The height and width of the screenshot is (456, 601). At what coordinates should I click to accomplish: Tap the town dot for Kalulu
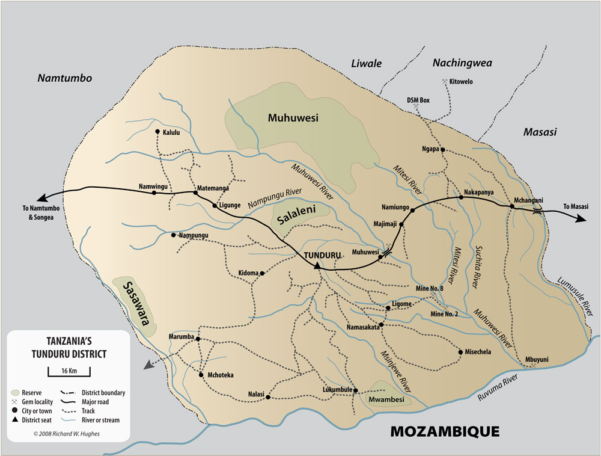pos(157,132)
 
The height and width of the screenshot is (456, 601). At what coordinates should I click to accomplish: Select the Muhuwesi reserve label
pos(293,117)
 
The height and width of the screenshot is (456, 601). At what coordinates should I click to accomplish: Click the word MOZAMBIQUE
pos(445,432)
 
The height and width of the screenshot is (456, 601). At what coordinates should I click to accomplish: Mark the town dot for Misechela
pos(460,352)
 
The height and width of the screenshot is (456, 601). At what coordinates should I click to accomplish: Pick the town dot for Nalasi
pos(268,397)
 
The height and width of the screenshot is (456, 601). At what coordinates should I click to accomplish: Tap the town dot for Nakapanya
pos(461,197)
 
